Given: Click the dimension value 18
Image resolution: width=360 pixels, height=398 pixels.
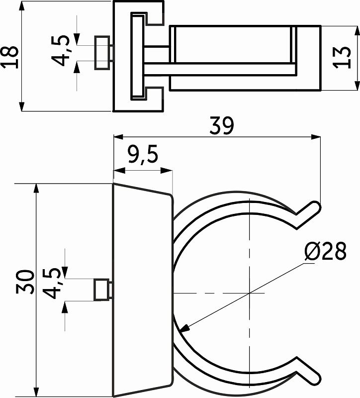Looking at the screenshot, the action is click(x=10, y=57).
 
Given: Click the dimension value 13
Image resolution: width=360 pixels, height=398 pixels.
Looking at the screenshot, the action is click(x=342, y=58).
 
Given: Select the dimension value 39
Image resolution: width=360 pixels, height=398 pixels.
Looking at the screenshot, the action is click(x=221, y=125).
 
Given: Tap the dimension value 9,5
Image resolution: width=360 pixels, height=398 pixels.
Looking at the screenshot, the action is click(x=143, y=154).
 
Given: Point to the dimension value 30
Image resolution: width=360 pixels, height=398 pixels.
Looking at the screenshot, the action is click(x=24, y=282).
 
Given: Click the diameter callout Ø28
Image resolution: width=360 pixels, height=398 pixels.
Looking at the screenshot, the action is click(x=326, y=251).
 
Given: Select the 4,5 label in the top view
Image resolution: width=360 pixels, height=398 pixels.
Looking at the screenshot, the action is click(x=61, y=51).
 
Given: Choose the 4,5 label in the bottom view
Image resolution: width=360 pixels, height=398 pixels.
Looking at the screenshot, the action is click(x=52, y=283).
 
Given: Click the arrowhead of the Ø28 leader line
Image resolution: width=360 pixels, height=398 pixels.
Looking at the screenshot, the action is click(x=184, y=328).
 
